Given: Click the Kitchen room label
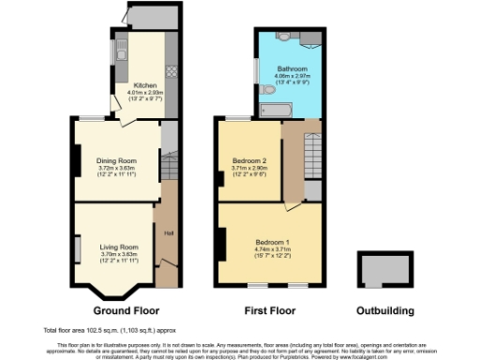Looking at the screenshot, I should (x=144, y=85).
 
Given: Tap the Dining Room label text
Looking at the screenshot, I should (x=118, y=160).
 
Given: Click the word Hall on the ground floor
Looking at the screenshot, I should (x=170, y=233).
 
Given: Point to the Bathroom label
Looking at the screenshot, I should (x=291, y=69).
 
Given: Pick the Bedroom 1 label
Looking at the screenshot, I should (x=273, y=242).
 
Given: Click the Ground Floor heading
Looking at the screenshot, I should (x=126, y=310).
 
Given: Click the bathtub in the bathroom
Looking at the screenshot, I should (x=275, y=111).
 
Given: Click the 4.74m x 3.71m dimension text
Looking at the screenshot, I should (x=273, y=249).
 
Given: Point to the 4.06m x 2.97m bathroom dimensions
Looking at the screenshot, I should (x=291, y=77).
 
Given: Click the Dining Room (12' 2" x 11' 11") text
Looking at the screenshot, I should (x=118, y=175).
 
